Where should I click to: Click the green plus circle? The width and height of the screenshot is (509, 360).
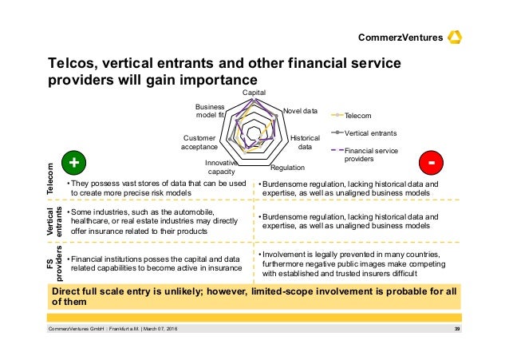tap(74, 161)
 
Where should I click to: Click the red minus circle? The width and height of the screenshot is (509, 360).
tap(432, 161)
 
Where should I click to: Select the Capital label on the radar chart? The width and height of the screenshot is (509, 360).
tap(254, 93)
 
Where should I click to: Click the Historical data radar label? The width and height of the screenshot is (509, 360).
tap(304, 141)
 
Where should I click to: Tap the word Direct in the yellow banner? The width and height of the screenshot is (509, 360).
tap(69, 291)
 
